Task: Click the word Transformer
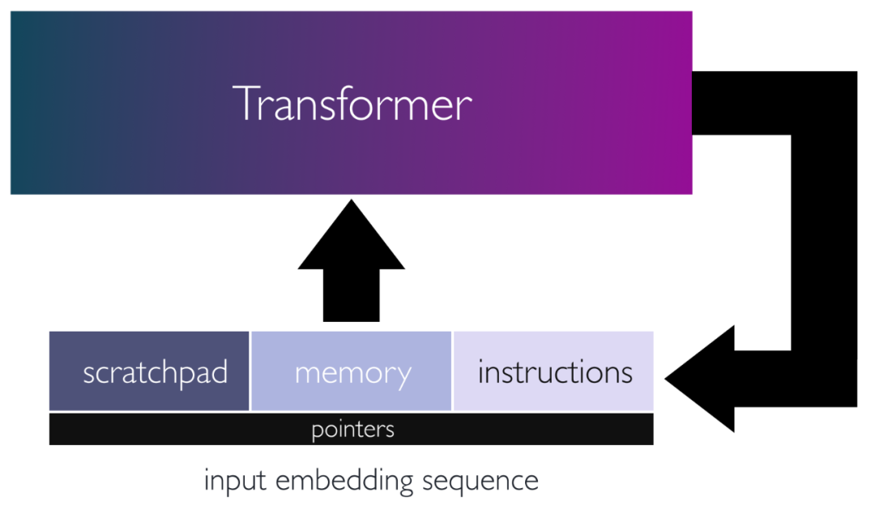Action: coord(352,104)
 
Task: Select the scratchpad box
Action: coord(149,371)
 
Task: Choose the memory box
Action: coord(352,371)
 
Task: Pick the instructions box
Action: coord(554,371)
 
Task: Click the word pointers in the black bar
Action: coord(352,429)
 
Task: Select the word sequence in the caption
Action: coord(480,481)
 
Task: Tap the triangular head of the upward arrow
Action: coord(352,239)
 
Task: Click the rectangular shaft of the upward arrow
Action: coord(352,296)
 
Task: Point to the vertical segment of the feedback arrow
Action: coord(823,243)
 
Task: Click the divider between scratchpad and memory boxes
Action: coord(250,371)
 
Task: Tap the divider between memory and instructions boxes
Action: coord(452,371)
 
